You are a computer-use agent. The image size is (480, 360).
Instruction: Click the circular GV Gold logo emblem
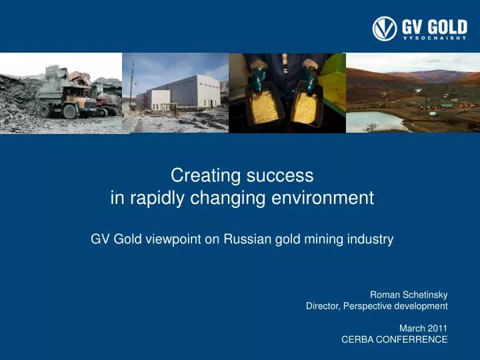point(385,29)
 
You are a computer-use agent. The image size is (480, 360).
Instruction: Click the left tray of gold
point(265,107)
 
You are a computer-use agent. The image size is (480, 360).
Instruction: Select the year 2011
point(437,327)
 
